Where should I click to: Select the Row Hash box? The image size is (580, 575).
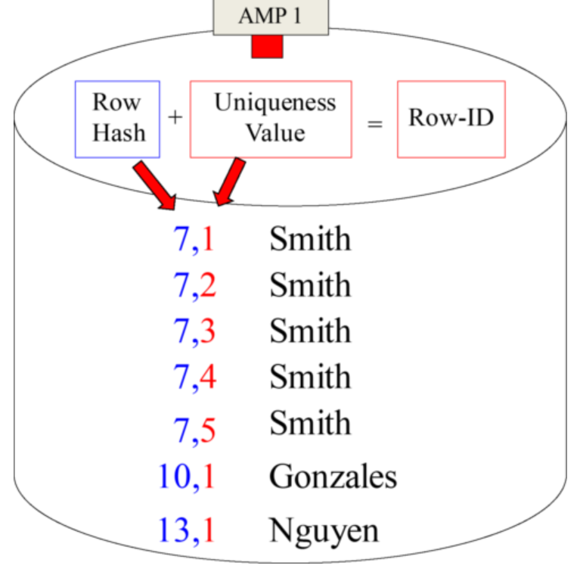117,119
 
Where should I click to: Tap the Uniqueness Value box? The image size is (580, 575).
271,119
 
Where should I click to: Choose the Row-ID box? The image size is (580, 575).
451,119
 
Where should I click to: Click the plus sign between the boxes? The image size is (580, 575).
175,118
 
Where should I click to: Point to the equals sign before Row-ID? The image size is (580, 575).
374,122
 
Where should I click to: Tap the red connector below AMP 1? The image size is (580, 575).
267,46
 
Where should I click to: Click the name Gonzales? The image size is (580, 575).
333,477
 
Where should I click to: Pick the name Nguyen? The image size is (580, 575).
324,530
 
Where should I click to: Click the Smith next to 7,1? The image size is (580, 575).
310,239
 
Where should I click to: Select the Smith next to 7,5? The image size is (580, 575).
310,423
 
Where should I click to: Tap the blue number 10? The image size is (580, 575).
173,477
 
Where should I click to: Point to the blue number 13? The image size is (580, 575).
173,530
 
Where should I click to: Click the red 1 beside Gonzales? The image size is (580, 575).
208,477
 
